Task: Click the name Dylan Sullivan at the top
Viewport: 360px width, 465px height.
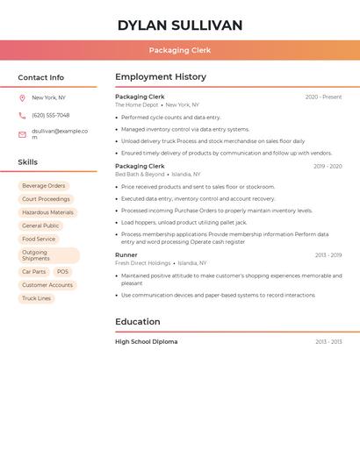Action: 179,25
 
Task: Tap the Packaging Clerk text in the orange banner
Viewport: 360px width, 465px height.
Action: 179,50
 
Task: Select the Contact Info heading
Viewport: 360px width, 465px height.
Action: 41,77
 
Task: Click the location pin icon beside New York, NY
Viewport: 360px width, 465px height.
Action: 22,98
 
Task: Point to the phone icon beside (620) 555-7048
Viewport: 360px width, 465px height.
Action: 22,116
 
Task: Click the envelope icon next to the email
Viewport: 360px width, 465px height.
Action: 22,134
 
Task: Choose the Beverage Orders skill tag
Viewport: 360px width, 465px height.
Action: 44,186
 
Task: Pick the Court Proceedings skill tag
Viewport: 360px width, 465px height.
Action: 46,199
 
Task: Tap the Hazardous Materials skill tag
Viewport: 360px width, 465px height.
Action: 47,212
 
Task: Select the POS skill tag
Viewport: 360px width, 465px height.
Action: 62,272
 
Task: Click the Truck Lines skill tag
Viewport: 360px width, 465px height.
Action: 37,298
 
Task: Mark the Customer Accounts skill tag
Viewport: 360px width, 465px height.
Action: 47,285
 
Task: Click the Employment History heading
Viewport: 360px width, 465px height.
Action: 161,77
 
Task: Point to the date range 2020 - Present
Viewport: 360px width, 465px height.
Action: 323,97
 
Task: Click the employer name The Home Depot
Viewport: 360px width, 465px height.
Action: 137,105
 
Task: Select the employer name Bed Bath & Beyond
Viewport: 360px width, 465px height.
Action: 140,175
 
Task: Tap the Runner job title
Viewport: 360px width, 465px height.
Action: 126,255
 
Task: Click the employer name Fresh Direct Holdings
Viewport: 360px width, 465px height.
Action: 142,263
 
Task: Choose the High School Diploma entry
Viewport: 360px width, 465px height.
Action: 146,342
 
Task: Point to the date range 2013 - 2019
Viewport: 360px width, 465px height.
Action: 328,255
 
